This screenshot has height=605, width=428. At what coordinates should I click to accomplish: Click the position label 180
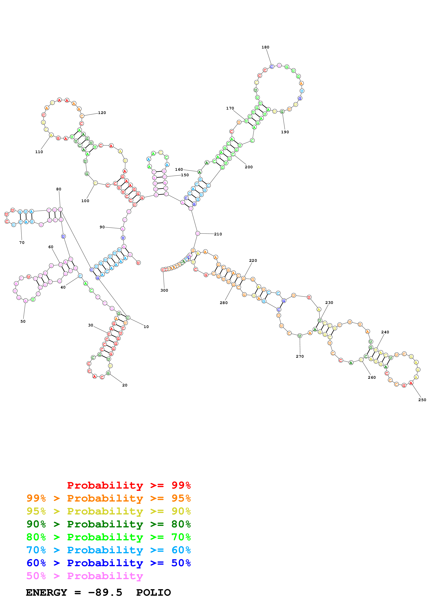[x=265, y=47]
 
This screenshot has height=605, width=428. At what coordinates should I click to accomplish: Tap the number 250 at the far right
[x=422, y=400]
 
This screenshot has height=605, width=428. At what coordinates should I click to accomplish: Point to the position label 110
[x=39, y=152]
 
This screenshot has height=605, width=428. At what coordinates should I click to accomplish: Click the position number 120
[x=102, y=113]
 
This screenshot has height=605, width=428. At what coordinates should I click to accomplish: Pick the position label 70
[x=22, y=243]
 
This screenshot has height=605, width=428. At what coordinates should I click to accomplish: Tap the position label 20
[x=125, y=385]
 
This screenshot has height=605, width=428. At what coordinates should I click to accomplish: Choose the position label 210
[x=218, y=234]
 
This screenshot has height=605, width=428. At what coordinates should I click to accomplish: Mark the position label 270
[x=300, y=356]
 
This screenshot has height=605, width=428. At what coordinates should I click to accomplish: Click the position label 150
[x=185, y=175]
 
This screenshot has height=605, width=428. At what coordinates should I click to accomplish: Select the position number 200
[x=249, y=167]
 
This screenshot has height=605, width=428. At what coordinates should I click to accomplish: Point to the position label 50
[x=23, y=321]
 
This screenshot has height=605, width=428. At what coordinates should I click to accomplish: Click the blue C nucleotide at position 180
[x=272, y=67]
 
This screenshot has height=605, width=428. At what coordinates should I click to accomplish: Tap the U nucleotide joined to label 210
[x=198, y=234]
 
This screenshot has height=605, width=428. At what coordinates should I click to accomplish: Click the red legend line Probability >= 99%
[x=129, y=485]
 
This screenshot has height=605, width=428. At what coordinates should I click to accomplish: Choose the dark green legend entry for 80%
[x=109, y=524]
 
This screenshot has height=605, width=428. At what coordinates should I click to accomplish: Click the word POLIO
[x=153, y=593]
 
